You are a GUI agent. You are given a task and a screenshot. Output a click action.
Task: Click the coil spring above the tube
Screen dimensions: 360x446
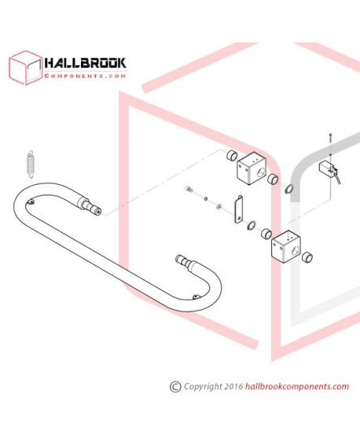click(x=30, y=165)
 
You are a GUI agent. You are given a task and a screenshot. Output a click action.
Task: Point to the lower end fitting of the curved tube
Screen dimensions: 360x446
click(x=186, y=263)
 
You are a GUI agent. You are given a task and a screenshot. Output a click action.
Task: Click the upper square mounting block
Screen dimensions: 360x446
click(x=252, y=170)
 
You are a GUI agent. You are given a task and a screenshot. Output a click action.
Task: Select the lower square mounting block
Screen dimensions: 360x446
click(x=286, y=245)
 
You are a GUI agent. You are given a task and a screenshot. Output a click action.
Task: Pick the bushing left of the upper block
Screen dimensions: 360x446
click(x=232, y=155)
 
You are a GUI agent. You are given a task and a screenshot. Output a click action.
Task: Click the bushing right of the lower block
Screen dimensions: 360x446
click(x=307, y=257)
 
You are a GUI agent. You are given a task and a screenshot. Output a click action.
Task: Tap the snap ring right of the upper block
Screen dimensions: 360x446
click(x=288, y=189)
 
